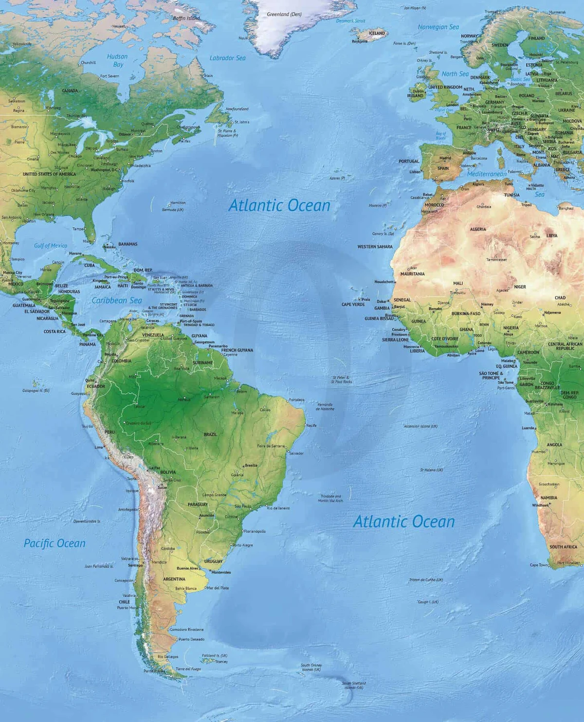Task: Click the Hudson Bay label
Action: pyautogui.click(x=117, y=60)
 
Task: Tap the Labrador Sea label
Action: pyautogui.click(x=227, y=58)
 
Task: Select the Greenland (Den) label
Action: pyautogui.click(x=284, y=14)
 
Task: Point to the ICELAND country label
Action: pyautogui.click(x=377, y=33)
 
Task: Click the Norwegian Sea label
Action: pyautogui.click(x=438, y=27)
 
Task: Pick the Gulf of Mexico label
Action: pyautogui.click(x=51, y=246)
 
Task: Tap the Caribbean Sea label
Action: pyautogui.click(x=117, y=301)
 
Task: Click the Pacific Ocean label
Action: pyautogui.click(x=55, y=543)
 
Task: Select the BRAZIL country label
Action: pyautogui.click(x=210, y=434)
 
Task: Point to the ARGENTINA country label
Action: pyautogui.click(x=174, y=579)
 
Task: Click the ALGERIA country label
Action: pyautogui.click(x=478, y=229)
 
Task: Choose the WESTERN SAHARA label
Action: pyautogui.click(x=375, y=247)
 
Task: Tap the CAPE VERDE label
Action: pyautogui.click(x=353, y=305)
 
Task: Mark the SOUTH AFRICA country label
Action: pyautogui.click(x=563, y=547)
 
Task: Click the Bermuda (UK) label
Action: pyautogui.click(x=173, y=210)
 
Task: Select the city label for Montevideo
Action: pyautogui.click(x=221, y=572)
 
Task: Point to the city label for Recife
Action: pyautogui.click(x=311, y=425)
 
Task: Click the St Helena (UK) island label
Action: pyautogui.click(x=431, y=470)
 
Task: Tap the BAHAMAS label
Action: pyautogui.click(x=128, y=244)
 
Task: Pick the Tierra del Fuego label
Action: pyautogui.click(x=188, y=669)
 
